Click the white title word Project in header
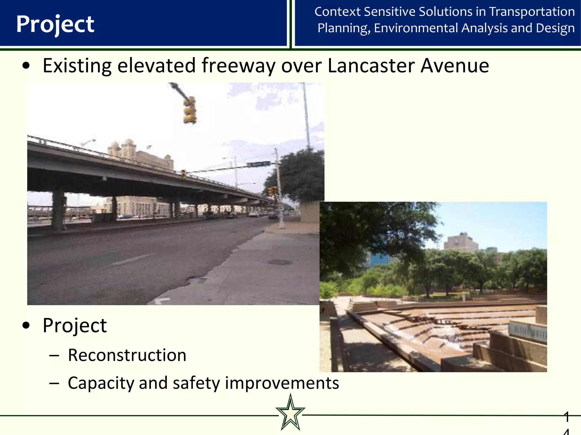point(55,24)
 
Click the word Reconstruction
point(127,355)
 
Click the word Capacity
point(101,383)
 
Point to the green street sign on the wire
point(258,164)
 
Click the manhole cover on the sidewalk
point(280,262)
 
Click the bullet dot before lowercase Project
point(26,326)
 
